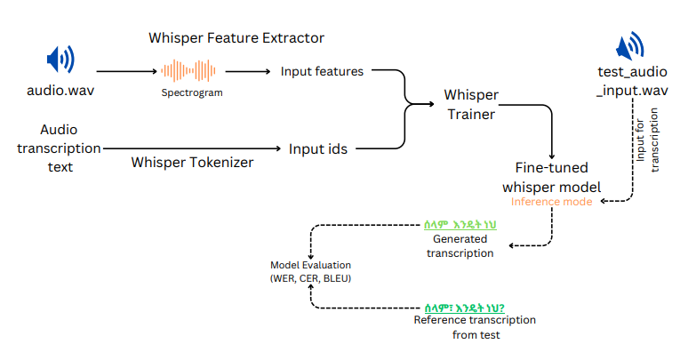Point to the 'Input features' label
coord(322,71)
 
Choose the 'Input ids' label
coord(317,148)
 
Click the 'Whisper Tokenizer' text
coord(192,162)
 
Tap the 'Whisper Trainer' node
coord(470,104)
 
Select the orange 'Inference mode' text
coord(550,202)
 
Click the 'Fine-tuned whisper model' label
coord(551,177)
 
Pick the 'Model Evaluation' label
coord(311,266)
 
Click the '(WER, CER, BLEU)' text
coord(311,279)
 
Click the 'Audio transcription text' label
coord(59,148)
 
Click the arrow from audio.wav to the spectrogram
coord(124,71)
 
